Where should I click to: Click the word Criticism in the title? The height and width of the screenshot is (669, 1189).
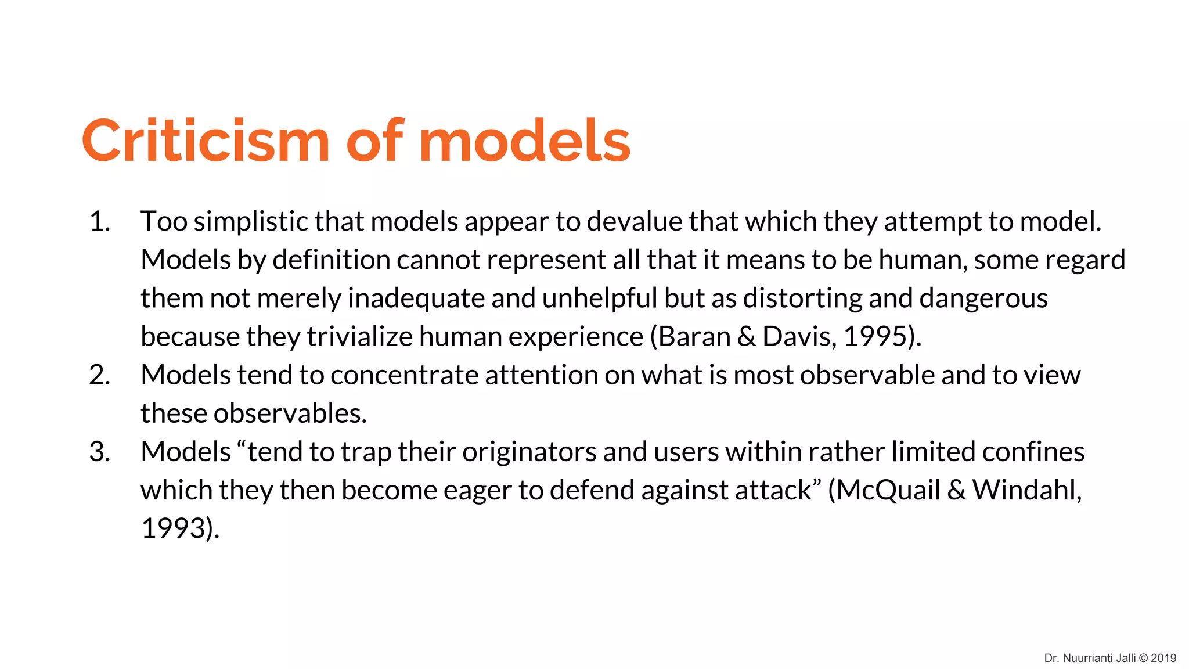click(206, 141)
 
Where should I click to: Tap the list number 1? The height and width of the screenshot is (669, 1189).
click(99, 222)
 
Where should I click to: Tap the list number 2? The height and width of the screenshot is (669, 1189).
click(99, 375)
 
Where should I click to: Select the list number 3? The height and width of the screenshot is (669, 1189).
click(99, 452)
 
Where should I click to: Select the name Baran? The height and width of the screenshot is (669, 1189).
click(694, 337)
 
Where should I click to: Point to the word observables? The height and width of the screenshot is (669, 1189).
click(290, 413)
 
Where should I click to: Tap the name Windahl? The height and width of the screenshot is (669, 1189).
click(1025, 490)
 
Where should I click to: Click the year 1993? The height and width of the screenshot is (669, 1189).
click(174, 528)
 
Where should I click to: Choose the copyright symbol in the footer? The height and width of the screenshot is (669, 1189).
click(1143, 658)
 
